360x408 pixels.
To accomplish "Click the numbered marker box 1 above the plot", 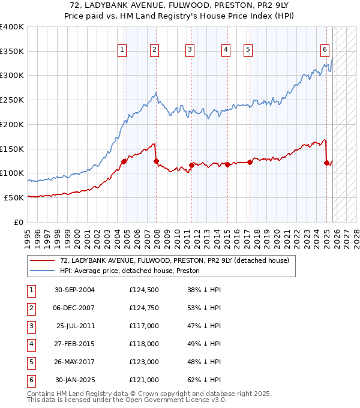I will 122,50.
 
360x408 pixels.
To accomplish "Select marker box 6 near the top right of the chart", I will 325,50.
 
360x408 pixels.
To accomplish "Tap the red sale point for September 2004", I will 124,161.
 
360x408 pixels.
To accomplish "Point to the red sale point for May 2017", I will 250,162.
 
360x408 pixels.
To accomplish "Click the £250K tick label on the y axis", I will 13,100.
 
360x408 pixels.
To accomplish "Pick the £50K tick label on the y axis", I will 15,197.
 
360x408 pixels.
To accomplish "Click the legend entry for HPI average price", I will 133,271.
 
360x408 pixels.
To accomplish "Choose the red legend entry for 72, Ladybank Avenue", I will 175,260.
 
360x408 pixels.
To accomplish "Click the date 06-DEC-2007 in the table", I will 74,308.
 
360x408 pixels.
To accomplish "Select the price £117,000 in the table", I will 144,326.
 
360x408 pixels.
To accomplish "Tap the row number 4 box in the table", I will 29,344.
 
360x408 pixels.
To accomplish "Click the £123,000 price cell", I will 144,362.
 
